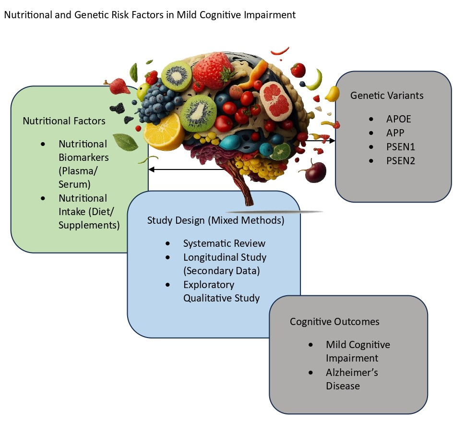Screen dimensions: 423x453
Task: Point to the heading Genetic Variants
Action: click(387, 95)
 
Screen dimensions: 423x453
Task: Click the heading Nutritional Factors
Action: click(64, 121)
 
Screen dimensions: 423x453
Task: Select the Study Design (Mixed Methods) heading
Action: click(215, 221)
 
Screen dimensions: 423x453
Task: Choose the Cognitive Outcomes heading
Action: click(334, 322)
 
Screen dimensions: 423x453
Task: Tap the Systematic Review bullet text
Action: click(224, 243)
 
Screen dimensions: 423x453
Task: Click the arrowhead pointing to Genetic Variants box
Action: click(332, 141)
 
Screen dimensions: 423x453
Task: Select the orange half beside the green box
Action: click(162, 130)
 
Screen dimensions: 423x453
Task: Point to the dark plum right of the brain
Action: click(315, 172)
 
